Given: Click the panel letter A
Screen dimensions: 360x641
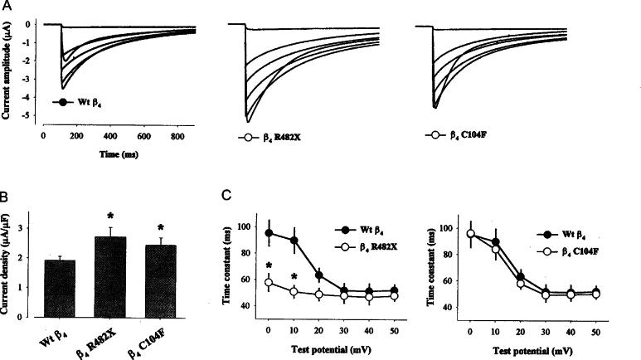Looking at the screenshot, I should coord(7,7).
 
